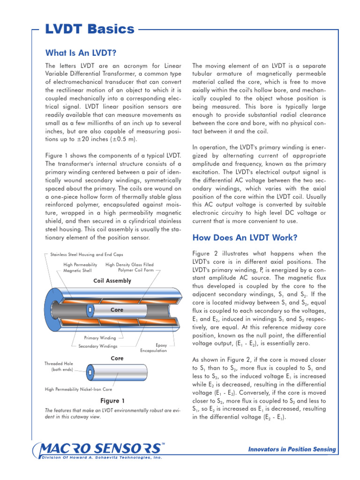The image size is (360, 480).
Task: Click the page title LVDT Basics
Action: point(90,30)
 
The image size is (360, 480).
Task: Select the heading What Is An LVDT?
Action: point(81,52)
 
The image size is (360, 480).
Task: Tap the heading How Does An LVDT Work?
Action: point(245,238)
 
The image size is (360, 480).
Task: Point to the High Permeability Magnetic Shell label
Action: point(80,268)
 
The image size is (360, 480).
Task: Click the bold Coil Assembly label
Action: point(112,281)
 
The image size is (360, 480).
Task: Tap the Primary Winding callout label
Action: point(100,337)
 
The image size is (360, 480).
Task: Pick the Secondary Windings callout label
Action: point(97,346)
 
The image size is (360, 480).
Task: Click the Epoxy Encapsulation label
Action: point(153,348)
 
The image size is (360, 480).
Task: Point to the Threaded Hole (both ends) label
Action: point(57,367)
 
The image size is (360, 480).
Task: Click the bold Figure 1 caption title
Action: point(112,401)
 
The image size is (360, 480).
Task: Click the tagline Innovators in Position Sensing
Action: point(292,450)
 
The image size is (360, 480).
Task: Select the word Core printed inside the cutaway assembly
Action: point(117,310)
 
